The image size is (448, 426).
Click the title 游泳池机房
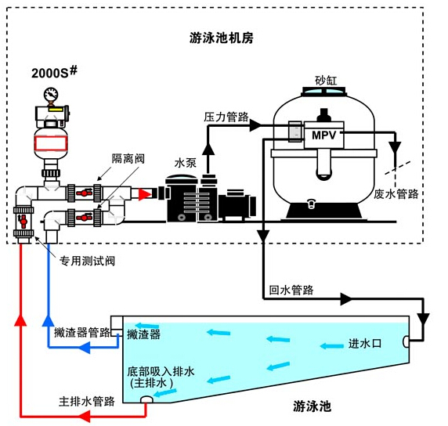point(222,38)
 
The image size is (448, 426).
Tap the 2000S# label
point(54,72)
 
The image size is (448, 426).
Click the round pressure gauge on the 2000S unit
point(51,94)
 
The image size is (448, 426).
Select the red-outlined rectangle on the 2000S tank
point(51,143)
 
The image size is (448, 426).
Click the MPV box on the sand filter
point(323,135)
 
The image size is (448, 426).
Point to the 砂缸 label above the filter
point(326,81)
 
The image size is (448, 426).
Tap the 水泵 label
point(186,163)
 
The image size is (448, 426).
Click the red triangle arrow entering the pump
point(145,194)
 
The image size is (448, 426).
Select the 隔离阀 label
point(128,158)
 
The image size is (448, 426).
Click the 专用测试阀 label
point(87,261)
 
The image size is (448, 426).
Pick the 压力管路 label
point(226,117)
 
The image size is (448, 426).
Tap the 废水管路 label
point(396,194)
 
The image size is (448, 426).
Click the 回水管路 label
point(291,291)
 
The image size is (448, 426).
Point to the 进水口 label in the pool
point(365,344)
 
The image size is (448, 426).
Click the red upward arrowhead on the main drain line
point(20,320)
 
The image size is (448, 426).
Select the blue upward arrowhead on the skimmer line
point(48,320)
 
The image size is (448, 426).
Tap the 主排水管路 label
point(87,402)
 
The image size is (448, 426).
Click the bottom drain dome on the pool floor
point(146,399)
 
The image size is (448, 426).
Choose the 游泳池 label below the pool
point(312,406)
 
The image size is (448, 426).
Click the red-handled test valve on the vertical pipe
point(23,222)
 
